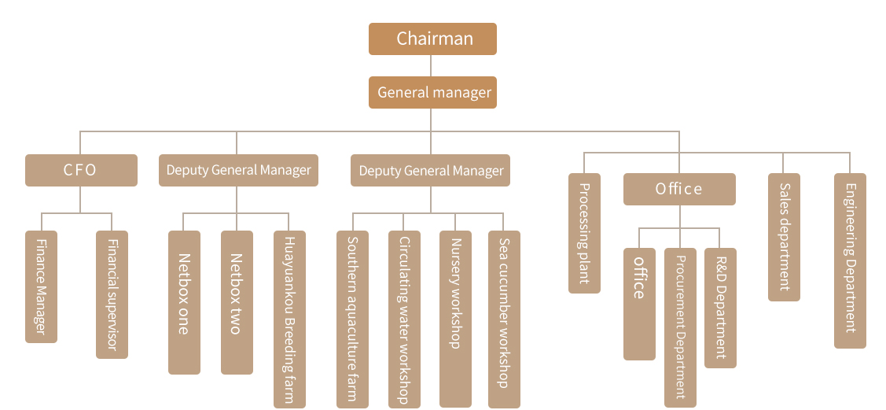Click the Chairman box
pyautogui.click(x=432, y=39)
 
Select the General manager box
pyautogui.click(x=432, y=92)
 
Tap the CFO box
pyautogui.click(x=81, y=170)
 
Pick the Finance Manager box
pyautogui.click(x=42, y=286)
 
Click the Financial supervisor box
pyautogui.click(x=112, y=294)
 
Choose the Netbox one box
pyautogui.click(x=184, y=302)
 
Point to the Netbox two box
pyautogui.click(x=237, y=302)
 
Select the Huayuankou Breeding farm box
pyautogui.click(x=289, y=319)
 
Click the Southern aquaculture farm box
pyautogui.click(x=352, y=319)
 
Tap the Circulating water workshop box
pyautogui.click(x=404, y=319)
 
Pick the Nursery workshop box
pyautogui.click(x=455, y=319)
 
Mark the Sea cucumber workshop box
pyautogui.click(x=504, y=319)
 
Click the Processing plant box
pyautogui.click(x=584, y=233)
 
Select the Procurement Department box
pyautogui.click(x=680, y=327)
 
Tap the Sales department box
pyautogui.click(x=784, y=237)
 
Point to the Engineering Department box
pyautogui.click(x=850, y=260)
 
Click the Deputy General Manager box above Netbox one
pyautogui.click(x=238, y=170)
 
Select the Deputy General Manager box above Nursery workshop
pyautogui.click(x=431, y=171)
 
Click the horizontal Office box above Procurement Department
pyautogui.click(x=679, y=189)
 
